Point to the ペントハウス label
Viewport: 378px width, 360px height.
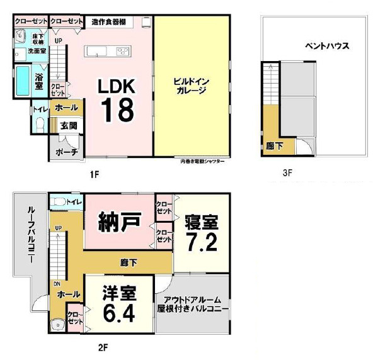327,47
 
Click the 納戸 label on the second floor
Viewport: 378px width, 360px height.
117,223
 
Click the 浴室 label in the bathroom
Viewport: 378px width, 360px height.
38,81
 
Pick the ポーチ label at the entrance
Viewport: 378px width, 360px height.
66,152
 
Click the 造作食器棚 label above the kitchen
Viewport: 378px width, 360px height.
108,21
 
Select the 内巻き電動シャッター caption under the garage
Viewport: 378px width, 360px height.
202,161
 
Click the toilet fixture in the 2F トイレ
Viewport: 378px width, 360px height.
59,202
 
